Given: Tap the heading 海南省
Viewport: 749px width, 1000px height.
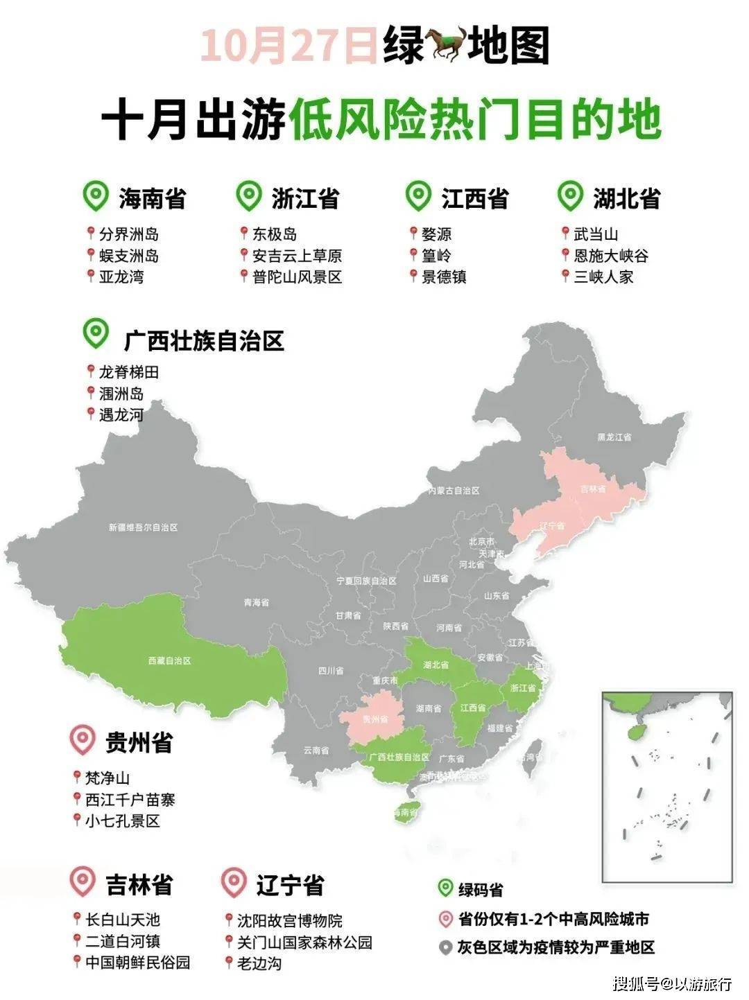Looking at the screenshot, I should point(152,199).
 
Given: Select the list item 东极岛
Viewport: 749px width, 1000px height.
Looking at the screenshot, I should point(275,234).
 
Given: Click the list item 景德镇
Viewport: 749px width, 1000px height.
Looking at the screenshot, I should point(444,277).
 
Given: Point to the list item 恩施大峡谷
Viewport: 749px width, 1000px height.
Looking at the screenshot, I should point(611,256).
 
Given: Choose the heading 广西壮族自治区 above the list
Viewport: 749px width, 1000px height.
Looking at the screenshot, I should point(204,341).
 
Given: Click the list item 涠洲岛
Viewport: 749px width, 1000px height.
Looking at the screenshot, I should point(121,394).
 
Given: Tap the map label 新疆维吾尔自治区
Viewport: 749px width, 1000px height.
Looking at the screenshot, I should point(143,527).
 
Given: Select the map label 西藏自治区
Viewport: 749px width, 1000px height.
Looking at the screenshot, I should point(169,661).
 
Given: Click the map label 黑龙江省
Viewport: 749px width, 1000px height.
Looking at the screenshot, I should point(614,438).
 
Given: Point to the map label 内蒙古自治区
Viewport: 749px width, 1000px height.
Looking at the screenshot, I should point(454,491).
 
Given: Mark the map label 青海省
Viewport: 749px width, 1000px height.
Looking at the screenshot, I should point(256,603).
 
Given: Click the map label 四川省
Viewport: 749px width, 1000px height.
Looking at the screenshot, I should point(331,671).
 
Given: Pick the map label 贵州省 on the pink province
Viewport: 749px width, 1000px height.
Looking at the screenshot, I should point(374,721).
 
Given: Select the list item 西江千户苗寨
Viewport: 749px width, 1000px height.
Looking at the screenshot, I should point(130,800).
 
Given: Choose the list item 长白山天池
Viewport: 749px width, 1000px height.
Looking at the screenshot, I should point(122,920).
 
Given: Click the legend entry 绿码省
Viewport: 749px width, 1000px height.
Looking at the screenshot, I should point(481,890).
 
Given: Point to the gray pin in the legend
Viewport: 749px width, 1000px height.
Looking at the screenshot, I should point(445,947).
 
